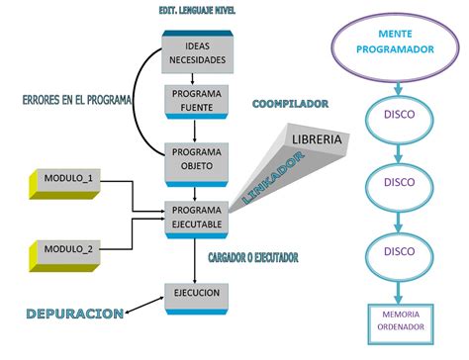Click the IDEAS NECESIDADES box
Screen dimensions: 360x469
coord(198,53)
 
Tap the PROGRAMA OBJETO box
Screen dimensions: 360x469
coord(197,159)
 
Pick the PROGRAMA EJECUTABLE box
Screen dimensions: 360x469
coord(197,217)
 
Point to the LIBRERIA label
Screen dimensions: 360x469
coord(316,139)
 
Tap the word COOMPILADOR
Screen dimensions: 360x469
coord(290,103)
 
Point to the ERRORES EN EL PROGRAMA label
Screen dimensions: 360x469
coord(77,100)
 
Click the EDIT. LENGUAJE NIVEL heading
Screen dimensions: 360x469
coord(197,11)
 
